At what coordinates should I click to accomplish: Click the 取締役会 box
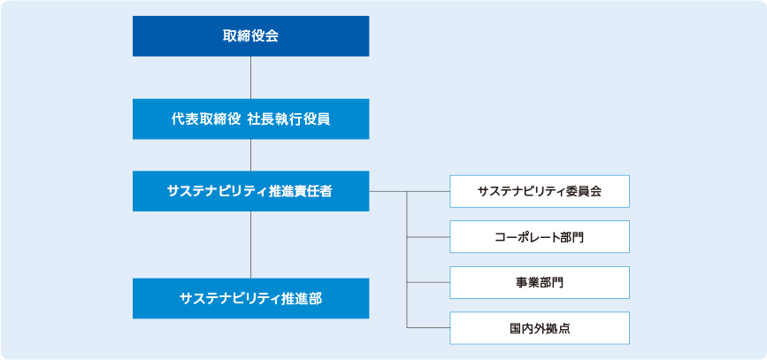point(250,36)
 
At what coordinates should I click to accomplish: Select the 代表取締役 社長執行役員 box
point(250,119)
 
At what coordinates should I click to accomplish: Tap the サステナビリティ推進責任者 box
point(250,191)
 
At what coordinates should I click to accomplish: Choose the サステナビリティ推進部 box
point(250,298)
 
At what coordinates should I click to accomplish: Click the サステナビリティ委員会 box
point(540,191)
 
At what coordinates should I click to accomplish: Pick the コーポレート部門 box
point(540,237)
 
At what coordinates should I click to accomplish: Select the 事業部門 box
point(540,283)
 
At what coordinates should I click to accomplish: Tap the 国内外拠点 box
point(540,328)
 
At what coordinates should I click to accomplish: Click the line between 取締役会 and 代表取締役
point(251,78)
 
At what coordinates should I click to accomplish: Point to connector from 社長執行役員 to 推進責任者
point(251,155)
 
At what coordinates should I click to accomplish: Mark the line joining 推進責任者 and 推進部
point(251,244)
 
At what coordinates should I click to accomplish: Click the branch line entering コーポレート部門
point(428,237)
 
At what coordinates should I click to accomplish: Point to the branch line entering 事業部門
point(428,283)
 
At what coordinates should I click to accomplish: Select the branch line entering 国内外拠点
point(428,328)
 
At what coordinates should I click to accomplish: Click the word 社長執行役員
point(293,119)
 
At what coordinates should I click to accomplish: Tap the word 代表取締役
point(203,119)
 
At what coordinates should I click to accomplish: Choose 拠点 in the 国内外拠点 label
point(558,328)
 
